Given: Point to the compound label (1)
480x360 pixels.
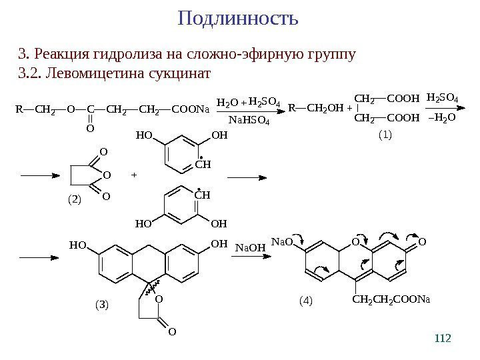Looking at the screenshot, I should [x=385, y=135].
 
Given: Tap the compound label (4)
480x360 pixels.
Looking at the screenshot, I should [x=305, y=301].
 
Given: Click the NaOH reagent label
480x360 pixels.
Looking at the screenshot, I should [x=251, y=247].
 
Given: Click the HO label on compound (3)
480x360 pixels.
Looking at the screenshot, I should [x=78, y=245].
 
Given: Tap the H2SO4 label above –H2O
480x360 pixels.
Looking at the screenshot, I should [x=442, y=99].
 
